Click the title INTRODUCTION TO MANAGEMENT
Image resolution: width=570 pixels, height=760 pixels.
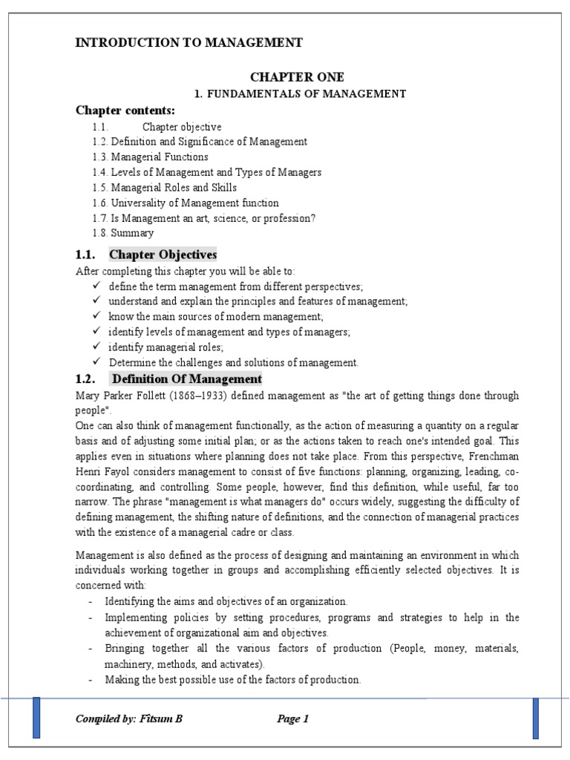pyautogui.click(x=189, y=42)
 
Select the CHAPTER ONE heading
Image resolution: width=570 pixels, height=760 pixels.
pyautogui.click(x=297, y=77)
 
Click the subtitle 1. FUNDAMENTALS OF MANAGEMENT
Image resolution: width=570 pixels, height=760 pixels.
pyautogui.click(x=300, y=94)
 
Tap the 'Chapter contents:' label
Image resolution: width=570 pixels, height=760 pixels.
pyautogui.click(x=125, y=111)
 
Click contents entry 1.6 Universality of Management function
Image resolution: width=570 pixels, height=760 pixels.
pyautogui.click(x=186, y=203)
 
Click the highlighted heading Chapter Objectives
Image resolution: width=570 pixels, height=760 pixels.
pyautogui.click(x=163, y=255)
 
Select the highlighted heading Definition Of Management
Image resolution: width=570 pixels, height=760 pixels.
pyautogui.click(x=186, y=379)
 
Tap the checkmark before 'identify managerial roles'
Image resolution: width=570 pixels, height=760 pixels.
pyautogui.click(x=96, y=347)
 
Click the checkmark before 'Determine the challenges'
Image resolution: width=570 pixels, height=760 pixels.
pyautogui.click(x=96, y=362)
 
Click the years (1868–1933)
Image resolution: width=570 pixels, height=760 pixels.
pyautogui.click(x=195, y=396)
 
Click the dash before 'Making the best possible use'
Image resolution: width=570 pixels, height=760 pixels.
pyautogui.click(x=91, y=679)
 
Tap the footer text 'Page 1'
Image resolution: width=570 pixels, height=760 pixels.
pyautogui.click(x=292, y=718)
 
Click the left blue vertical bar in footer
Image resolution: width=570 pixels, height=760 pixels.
pyautogui.click(x=36, y=718)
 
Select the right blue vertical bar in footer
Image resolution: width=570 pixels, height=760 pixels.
pyautogui.click(x=535, y=718)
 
